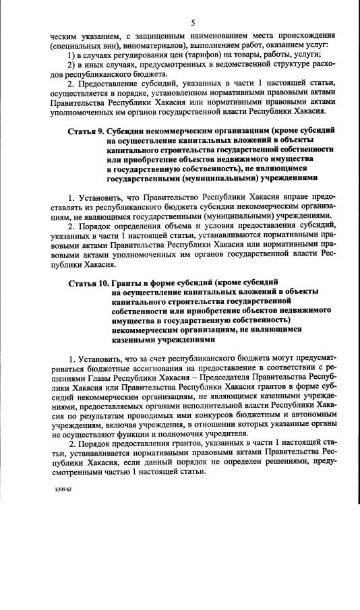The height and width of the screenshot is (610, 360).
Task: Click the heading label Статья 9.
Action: pyautogui.click(x=85, y=128)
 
